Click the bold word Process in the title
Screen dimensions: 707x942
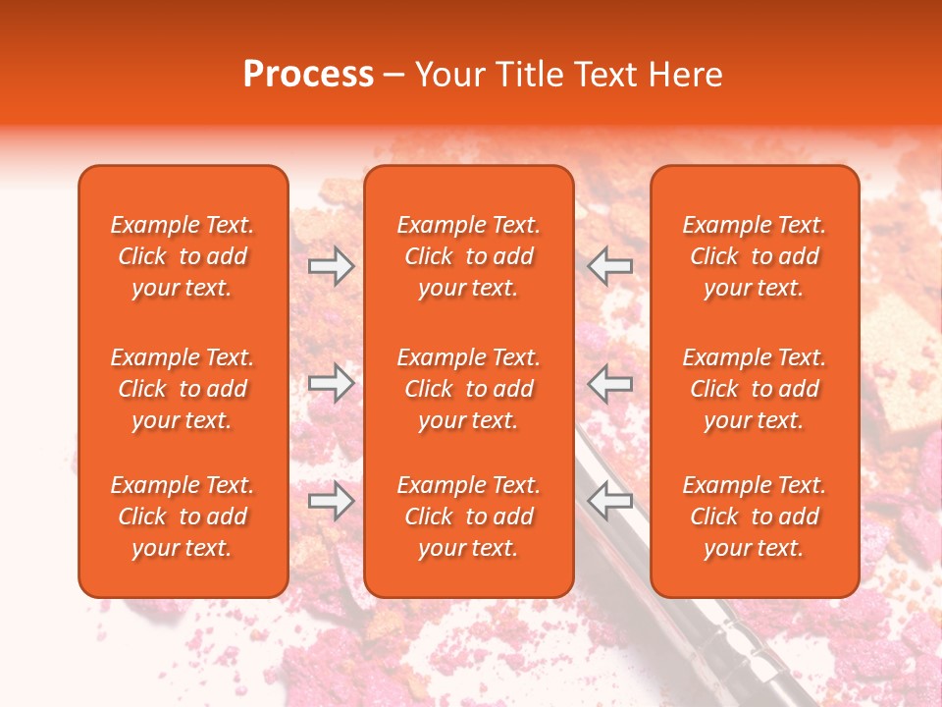308,75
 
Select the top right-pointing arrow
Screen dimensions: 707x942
331,265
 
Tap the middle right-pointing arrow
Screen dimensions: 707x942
331,383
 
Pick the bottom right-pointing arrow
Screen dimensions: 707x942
331,502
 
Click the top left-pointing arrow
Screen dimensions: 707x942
609,265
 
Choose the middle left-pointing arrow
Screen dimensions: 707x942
609,383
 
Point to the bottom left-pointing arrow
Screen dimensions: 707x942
609,502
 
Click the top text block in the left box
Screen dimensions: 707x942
183,256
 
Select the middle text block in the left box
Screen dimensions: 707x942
183,389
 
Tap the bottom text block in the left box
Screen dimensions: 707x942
183,517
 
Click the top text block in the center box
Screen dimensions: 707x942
468,256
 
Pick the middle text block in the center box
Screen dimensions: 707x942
468,389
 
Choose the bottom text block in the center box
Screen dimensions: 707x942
468,517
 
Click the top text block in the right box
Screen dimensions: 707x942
754,256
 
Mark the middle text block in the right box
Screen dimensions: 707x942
754,389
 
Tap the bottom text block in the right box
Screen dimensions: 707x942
754,517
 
